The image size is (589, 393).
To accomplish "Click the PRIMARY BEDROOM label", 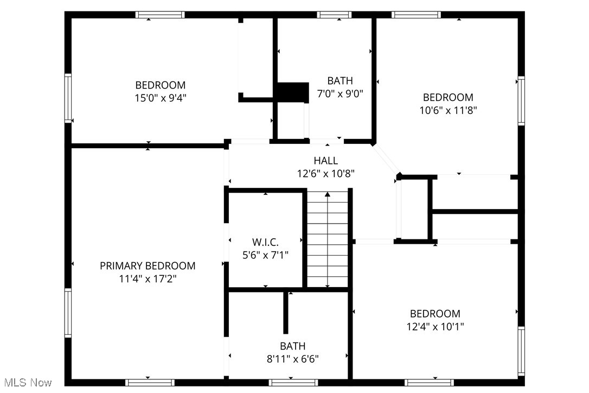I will (x=148, y=266).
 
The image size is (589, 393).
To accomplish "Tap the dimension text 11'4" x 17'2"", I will (x=148, y=279).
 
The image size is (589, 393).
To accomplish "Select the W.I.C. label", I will (x=265, y=241).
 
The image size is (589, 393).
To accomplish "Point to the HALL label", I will (x=325, y=161).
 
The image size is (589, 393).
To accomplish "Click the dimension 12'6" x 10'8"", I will (x=325, y=174).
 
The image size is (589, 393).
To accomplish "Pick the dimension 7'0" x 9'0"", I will (x=340, y=93).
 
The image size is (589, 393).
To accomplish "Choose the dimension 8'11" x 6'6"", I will (x=292, y=359).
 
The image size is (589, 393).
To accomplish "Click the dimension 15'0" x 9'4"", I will (x=160, y=98).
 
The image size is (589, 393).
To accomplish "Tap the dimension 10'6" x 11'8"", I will (x=448, y=110).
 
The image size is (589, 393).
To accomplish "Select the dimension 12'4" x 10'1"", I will (x=435, y=326).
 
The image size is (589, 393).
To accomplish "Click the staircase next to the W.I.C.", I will (x=328, y=239).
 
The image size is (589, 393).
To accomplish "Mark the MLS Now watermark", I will (x=26, y=383).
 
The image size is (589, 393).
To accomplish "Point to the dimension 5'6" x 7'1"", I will (x=265, y=254).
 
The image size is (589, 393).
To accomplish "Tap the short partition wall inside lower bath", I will (x=286, y=314).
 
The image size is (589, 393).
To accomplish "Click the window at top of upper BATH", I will (x=334, y=15).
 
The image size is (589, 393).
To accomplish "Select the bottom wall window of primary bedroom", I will (x=150, y=382).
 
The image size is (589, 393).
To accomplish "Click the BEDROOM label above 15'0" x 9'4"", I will (x=160, y=85).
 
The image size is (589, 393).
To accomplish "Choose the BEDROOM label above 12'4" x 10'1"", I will (x=435, y=314).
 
